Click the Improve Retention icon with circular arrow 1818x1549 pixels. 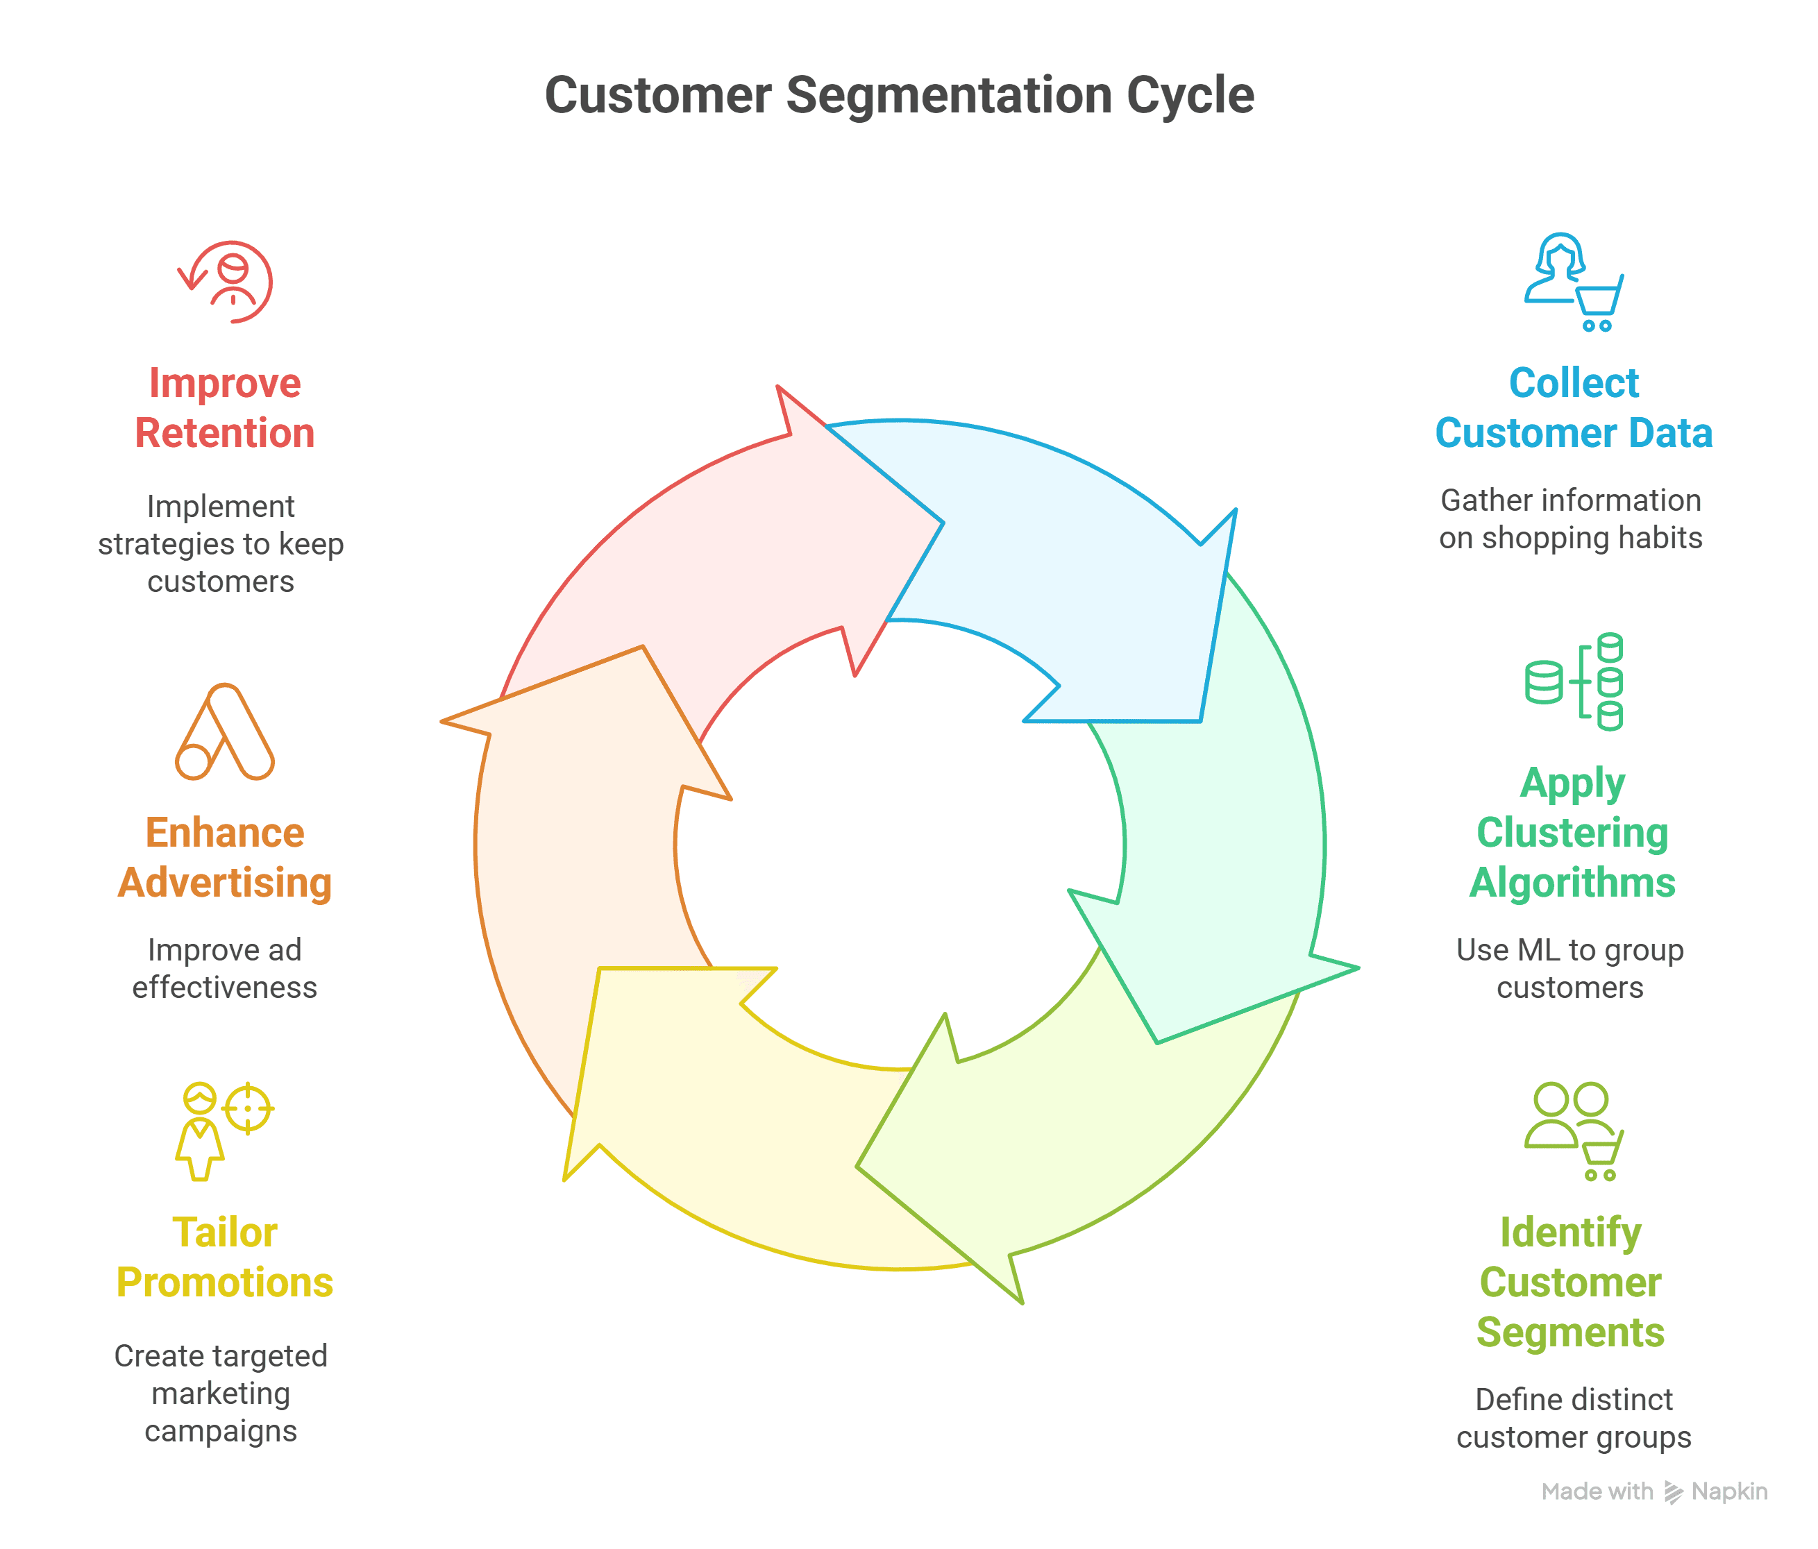(226, 282)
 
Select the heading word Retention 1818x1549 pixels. (225, 433)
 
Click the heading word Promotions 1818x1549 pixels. (225, 1283)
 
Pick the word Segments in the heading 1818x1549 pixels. (1571, 1332)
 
